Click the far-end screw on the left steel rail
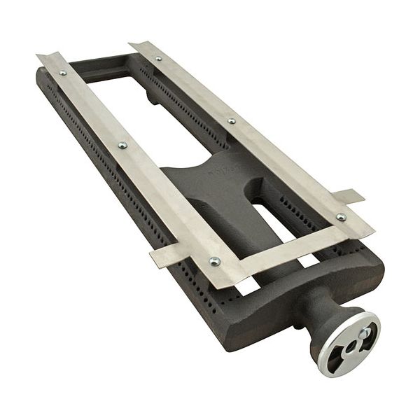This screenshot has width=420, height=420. (x=63, y=72)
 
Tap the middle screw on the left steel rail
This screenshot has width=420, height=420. (x=122, y=145)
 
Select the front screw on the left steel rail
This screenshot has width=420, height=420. (x=214, y=261)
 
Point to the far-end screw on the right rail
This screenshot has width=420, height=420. (x=158, y=58)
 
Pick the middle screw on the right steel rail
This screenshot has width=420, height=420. (x=232, y=120)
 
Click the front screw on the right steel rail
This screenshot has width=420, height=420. (x=341, y=217)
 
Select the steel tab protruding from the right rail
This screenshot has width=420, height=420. (x=348, y=196)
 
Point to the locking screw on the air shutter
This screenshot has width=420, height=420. (x=364, y=333)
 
